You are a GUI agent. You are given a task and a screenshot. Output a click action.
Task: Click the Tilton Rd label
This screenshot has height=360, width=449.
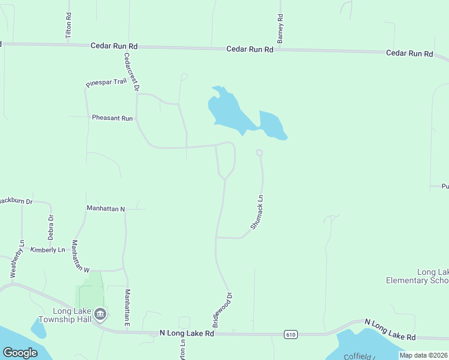click(68, 27)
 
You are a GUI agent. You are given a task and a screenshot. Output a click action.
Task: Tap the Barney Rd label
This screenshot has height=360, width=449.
click(280, 29)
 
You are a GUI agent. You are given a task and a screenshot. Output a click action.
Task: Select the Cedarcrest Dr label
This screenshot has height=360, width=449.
click(131, 72)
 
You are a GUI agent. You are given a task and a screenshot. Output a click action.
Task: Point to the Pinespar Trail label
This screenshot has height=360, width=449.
click(106, 82)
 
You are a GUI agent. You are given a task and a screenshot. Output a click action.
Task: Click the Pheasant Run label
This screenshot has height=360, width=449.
click(112, 118)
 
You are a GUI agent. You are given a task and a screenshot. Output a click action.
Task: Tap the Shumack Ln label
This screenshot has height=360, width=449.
click(257, 211)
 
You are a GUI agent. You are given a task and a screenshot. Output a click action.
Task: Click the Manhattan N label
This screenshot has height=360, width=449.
click(105, 208)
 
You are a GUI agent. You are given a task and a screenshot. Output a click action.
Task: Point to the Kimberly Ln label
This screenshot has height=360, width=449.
click(47, 250)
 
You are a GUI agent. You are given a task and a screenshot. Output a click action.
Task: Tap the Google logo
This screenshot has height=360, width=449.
click(20, 353)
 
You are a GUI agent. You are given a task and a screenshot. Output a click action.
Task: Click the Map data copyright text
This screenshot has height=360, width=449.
click(424, 355)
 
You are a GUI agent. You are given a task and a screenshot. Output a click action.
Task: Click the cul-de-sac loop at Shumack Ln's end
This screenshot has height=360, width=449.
click(259, 152)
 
